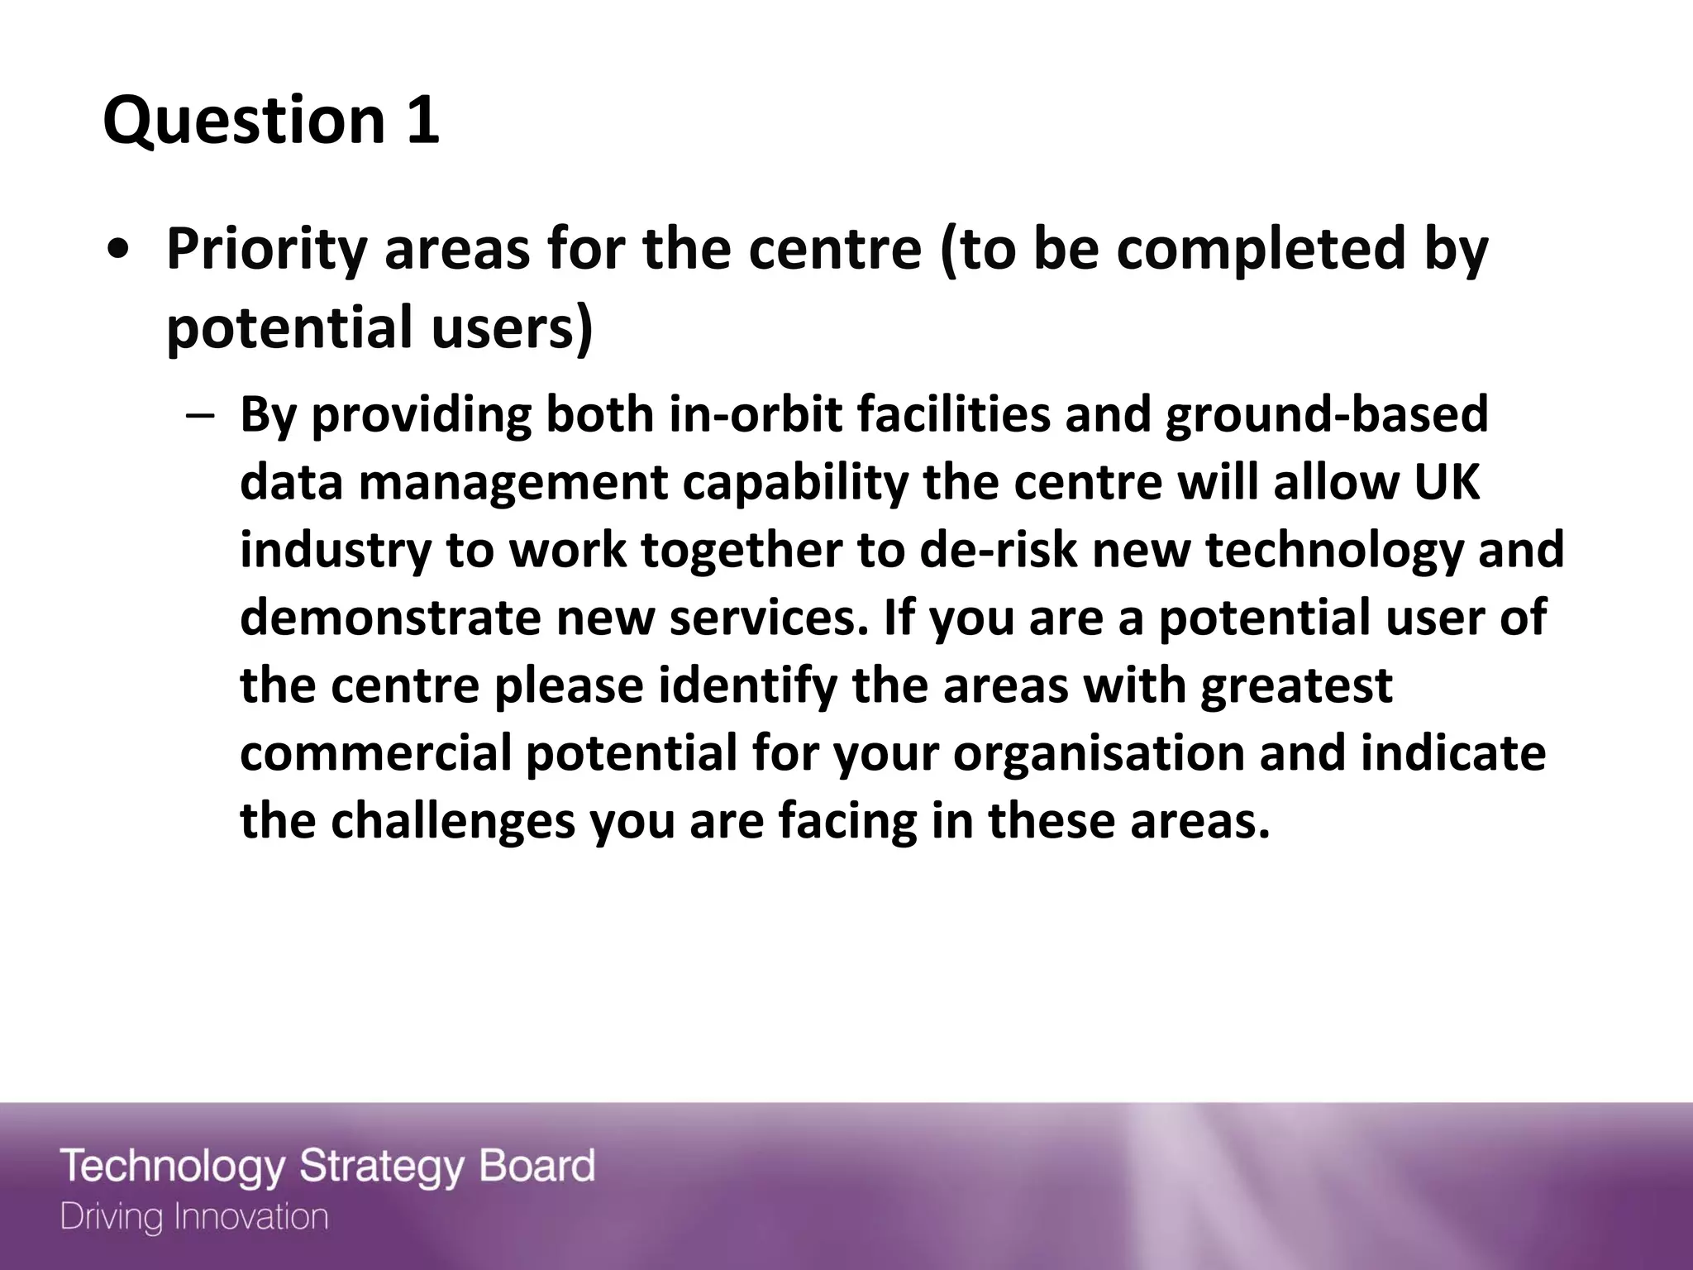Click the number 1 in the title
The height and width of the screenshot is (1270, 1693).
[x=422, y=120]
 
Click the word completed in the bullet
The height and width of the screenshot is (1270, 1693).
[x=1260, y=250]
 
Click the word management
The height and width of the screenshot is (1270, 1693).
[x=513, y=483]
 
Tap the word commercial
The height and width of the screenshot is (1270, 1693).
[x=375, y=754]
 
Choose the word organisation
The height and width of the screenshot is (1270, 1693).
[x=1099, y=755]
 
